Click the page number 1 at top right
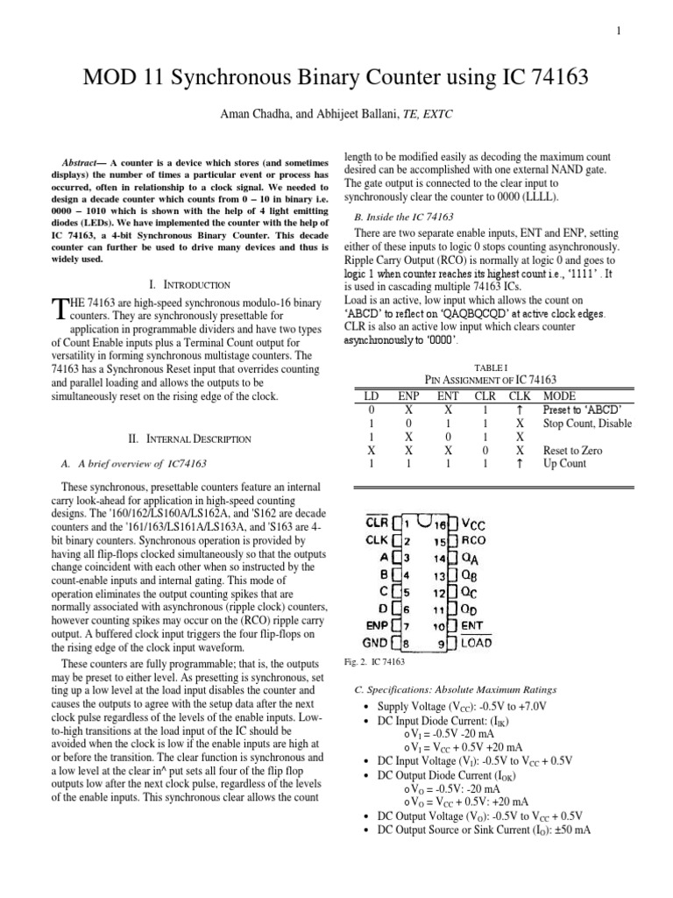(619, 32)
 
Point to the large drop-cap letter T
(60, 308)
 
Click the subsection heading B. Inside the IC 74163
(403, 217)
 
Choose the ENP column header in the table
(408, 396)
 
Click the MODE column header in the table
(560, 396)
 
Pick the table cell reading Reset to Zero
(574, 450)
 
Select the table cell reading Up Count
(565, 464)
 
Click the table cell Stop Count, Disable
(587, 423)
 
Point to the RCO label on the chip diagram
(475, 541)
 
